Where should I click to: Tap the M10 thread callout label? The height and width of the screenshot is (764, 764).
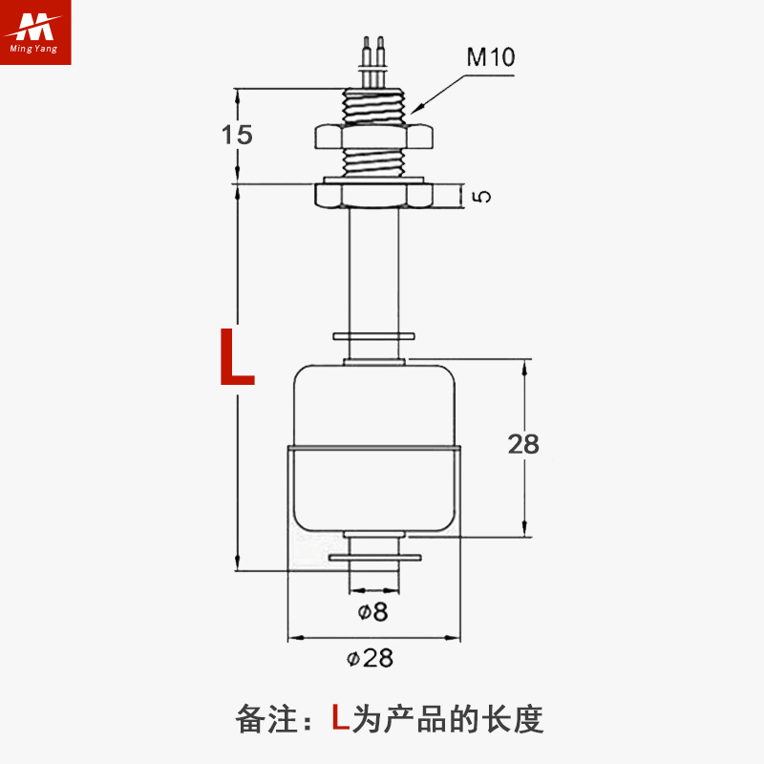(x=490, y=57)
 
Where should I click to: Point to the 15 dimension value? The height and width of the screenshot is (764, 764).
(x=237, y=135)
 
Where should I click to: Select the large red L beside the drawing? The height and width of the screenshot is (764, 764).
(x=237, y=357)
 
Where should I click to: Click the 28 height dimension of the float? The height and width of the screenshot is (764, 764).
(x=523, y=444)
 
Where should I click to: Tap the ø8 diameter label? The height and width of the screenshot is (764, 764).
(x=373, y=612)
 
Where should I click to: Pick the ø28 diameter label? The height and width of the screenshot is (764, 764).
(x=371, y=658)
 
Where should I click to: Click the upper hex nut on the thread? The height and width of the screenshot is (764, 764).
(x=372, y=136)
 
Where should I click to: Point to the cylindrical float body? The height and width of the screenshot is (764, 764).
(x=373, y=449)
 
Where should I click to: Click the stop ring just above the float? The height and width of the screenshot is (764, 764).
(x=373, y=336)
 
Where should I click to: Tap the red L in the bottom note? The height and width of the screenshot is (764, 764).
(x=340, y=717)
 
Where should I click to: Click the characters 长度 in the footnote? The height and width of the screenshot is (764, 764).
(x=516, y=718)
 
